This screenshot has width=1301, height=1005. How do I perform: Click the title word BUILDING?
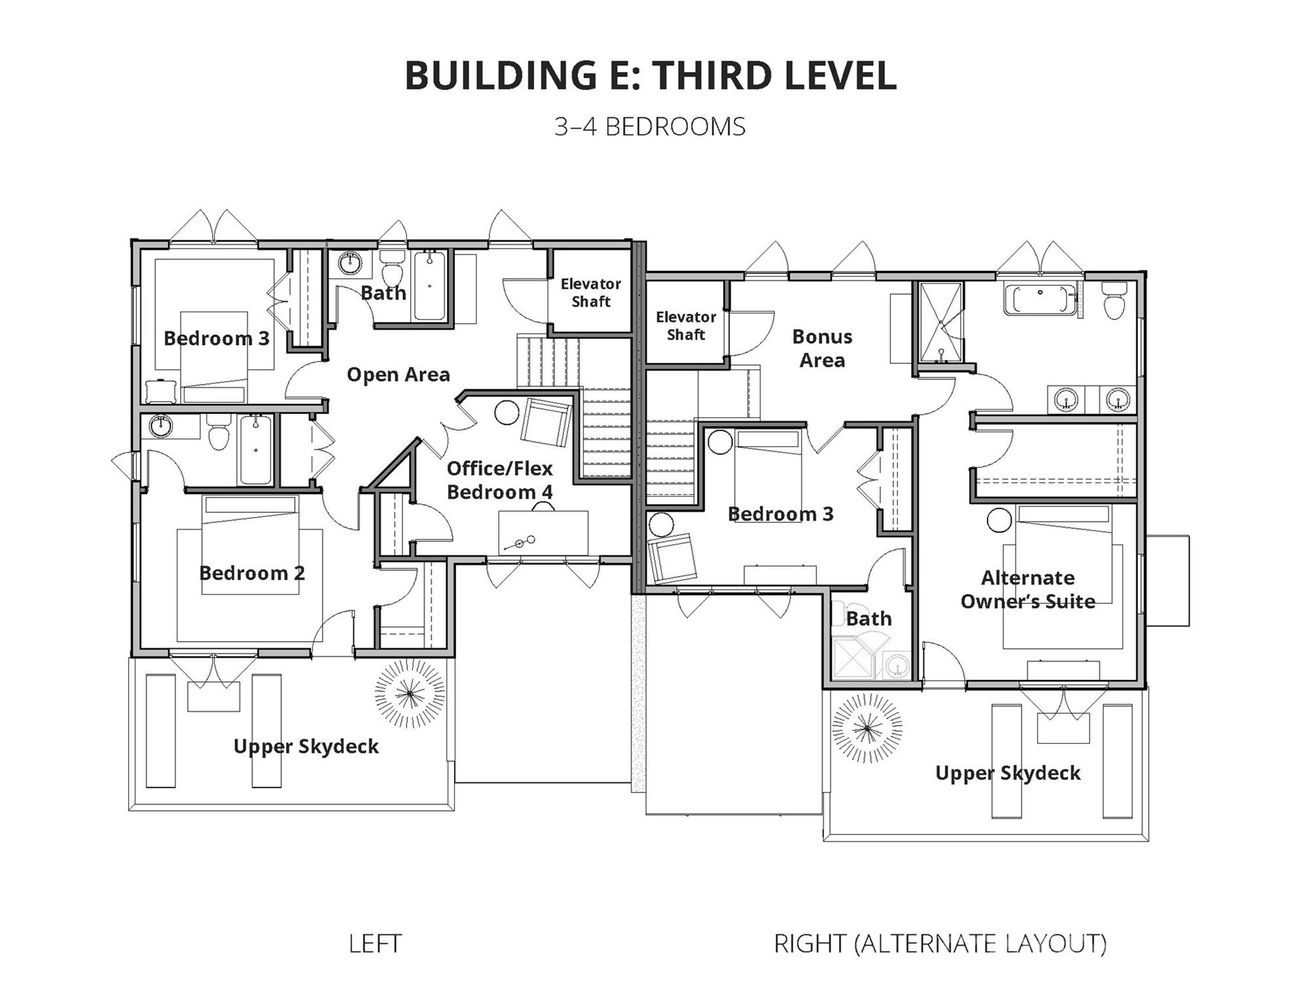click(501, 75)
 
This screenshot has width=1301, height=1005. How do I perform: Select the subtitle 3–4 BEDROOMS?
click(650, 127)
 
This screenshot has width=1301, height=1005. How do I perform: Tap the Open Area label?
click(398, 375)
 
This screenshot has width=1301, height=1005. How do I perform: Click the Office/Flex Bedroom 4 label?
click(500, 480)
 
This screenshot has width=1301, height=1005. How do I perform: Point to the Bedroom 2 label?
click(252, 573)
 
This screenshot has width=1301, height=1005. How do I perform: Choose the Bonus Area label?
click(822, 348)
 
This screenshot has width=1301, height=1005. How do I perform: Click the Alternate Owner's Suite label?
click(1027, 590)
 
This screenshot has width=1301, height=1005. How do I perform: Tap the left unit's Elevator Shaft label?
click(590, 292)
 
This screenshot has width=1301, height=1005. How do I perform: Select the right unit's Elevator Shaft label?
click(686, 326)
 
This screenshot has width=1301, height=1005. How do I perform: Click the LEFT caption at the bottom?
click(375, 943)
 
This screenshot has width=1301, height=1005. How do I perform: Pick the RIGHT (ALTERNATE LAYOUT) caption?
click(940, 943)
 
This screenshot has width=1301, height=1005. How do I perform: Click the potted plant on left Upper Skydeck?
click(410, 694)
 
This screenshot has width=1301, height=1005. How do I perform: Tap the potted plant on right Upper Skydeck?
click(867, 728)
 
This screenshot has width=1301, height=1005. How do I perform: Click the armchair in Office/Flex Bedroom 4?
click(546, 422)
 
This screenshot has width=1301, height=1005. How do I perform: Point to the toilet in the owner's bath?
click(1113, 300)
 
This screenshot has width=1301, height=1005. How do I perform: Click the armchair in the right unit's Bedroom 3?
click(672, 558)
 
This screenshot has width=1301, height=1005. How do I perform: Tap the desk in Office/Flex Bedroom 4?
click(543, 533)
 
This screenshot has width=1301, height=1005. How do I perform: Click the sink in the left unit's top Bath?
click(350, 264)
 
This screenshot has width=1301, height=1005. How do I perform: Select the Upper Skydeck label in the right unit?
click(1008, 773)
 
